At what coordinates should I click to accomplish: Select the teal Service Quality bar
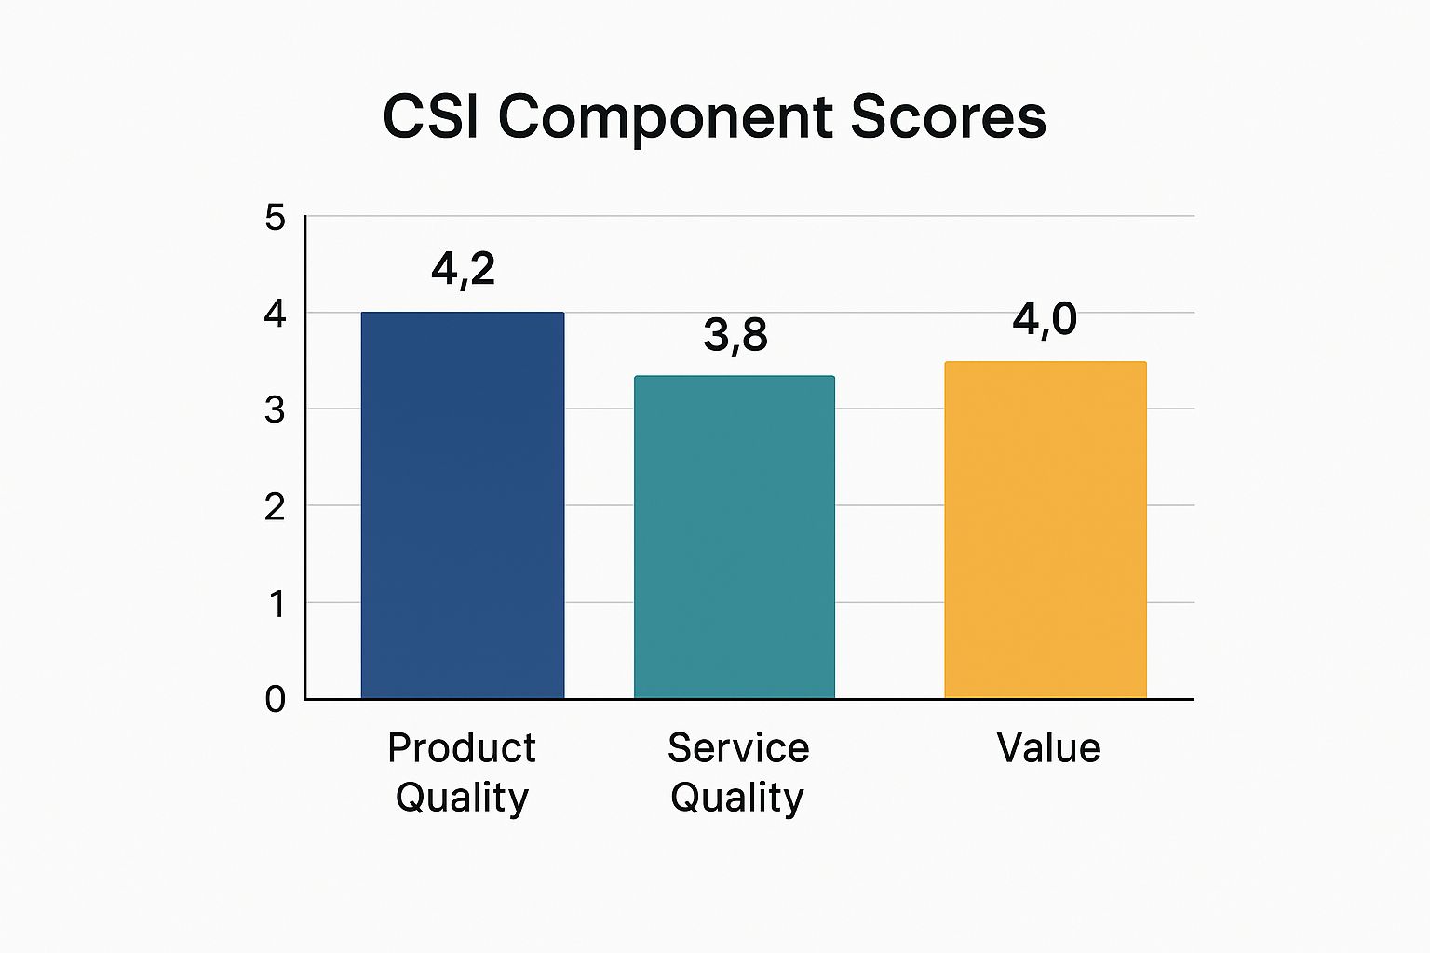(734, 537)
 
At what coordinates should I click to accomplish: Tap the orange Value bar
(1045, 530)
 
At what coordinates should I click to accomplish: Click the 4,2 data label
(463, 270)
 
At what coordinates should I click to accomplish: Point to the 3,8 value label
(735, 335)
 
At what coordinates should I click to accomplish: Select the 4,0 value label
(1045, 319)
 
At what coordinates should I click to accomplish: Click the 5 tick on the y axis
(275, 218)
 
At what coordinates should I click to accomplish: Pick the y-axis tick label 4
(275, 314)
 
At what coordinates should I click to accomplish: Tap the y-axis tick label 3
(275, 409)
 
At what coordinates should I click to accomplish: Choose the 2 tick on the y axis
(275, 507)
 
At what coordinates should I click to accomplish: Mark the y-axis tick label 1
(277, 604)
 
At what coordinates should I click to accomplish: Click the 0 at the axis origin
(275, 699)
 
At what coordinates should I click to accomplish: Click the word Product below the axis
(462, 748)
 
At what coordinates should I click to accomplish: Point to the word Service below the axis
(738, 748)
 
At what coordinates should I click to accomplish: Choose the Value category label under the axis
(1048, 748)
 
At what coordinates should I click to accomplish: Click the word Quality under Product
(462, 799)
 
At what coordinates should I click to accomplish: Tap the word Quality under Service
(736, 799)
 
